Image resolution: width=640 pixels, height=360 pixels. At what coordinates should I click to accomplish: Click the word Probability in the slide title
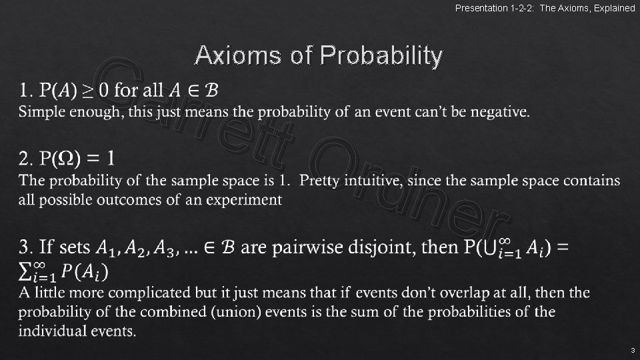point(381,56)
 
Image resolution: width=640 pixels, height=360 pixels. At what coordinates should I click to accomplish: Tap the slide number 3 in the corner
point(632,350)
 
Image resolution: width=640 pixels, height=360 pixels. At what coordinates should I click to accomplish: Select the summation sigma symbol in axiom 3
point(27,272)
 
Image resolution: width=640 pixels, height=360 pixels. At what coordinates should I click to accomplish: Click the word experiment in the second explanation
point(244,200)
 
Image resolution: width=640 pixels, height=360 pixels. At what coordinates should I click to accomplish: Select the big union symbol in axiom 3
point(491,248)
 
